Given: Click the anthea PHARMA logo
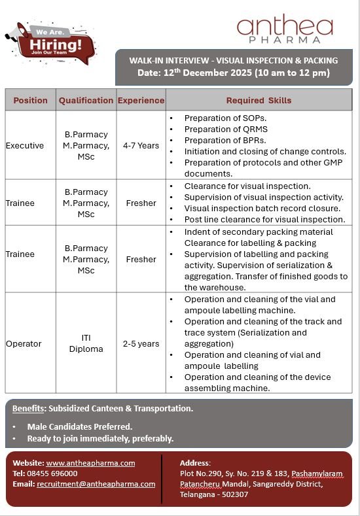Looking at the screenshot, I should (x=285, y=31).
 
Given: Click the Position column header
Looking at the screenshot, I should (x=30, y=100).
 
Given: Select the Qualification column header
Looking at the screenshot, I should (x=86, y=100).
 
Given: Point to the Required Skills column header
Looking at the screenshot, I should (x=259, y=100).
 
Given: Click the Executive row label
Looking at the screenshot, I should (x=25, y=145).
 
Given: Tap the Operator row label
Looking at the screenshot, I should (x=24, y=343).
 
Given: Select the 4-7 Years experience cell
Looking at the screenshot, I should (x=141, y=145).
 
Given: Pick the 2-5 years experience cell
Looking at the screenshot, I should (x=141, y=343).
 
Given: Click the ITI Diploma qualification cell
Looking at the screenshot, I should (x=86, y=343).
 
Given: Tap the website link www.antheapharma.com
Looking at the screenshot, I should (x=90, y=463).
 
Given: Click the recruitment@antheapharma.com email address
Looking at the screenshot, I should (x=96, y=484).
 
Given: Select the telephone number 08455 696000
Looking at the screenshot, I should (x=52, y=473).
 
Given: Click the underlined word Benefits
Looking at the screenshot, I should (x=28, y=408).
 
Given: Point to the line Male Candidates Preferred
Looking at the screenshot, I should (x=79, y=426).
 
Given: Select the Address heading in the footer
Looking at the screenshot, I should (x=195, y=463).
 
